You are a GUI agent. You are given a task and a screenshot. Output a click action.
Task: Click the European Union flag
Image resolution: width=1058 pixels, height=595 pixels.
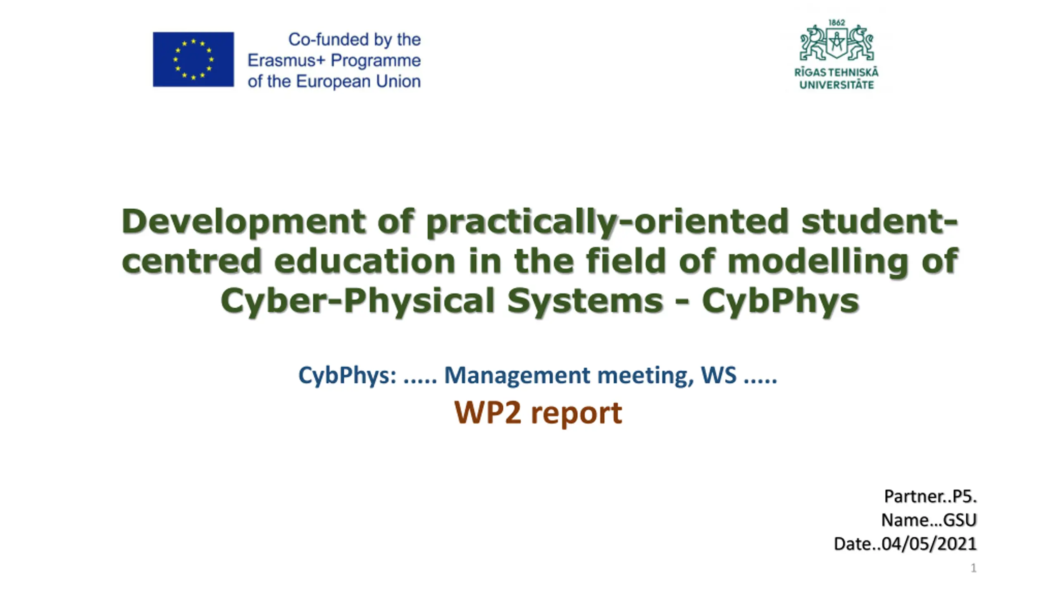coord(193,59)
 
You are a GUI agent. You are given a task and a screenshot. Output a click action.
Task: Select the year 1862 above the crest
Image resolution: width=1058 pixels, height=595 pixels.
coord(836,23)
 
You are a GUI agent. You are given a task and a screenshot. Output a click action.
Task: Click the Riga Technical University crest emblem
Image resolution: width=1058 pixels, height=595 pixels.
coord(836,43)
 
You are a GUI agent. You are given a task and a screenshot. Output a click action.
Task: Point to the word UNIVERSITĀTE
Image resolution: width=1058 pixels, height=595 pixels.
coord(836,85)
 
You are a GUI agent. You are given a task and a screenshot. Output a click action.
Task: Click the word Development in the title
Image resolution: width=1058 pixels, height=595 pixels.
coord(243,221)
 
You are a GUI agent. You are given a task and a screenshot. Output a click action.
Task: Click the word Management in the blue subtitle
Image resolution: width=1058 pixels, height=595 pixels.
coord(517,376)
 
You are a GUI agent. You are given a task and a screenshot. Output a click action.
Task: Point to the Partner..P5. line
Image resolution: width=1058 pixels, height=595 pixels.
coord(930,496)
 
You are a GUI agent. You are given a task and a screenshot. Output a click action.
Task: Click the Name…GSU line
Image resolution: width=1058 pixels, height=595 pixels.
coord(929,520)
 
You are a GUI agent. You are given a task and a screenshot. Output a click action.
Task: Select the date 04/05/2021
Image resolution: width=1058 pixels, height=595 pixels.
coord(929,544)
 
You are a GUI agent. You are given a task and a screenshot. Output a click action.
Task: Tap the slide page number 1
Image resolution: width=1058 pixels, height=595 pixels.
coord(973,568)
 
